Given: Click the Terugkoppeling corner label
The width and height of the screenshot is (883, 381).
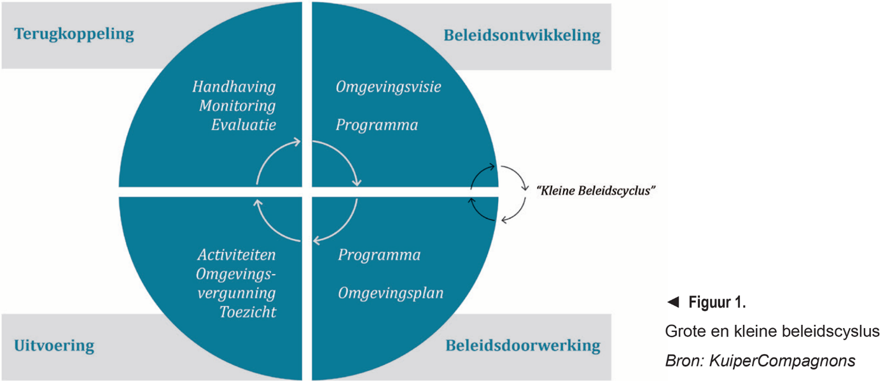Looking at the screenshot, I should point(74,34).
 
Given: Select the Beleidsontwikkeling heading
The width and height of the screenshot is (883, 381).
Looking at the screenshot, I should point(522,35).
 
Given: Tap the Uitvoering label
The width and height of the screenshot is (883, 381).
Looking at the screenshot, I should point(54,346).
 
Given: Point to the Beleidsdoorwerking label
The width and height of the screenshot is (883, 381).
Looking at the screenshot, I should point(523,345).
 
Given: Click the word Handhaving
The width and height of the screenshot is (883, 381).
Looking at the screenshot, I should point(234,87).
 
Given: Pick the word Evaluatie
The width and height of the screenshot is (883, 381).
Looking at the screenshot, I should point(243,125).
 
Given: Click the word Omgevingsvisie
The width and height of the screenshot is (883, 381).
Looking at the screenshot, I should point(388,87).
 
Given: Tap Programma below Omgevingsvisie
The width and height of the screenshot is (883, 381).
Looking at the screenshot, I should point(377,125).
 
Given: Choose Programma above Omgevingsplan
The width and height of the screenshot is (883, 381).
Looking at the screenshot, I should point(379,255).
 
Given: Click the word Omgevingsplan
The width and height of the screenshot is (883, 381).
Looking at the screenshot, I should point(391,293).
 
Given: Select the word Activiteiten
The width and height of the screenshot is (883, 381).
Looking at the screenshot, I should point(236,255).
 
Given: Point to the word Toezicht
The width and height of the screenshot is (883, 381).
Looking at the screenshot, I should point(247,312).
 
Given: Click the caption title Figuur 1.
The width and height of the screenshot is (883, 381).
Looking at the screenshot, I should point(717,303).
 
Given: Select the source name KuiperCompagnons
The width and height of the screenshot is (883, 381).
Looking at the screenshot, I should point(777,361).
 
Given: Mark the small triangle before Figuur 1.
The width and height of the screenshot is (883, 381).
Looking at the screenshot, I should point(672,303).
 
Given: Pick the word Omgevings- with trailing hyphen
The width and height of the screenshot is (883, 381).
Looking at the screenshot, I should point(236,274).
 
